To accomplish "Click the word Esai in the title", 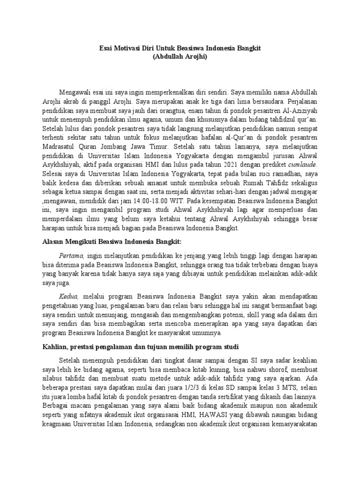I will [x=108, y=48].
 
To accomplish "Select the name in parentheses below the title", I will [x=180, y=57].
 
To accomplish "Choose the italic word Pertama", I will [x=71, y=255].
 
